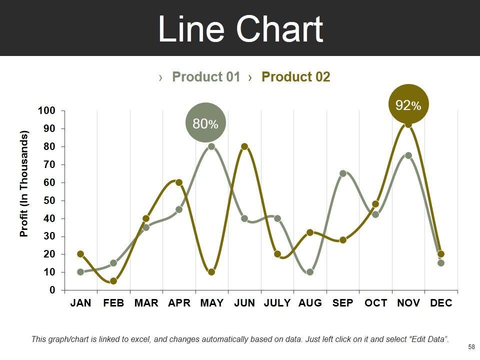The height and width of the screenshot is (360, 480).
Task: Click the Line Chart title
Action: pos(240,29)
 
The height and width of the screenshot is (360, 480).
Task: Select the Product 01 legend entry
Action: pos(206,77)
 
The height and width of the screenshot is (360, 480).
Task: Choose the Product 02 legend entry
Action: pos(295,77)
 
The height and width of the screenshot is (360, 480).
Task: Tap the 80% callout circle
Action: pos(205,123)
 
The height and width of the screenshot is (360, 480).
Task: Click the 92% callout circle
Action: pos(408,105)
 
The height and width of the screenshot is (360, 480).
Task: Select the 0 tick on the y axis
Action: pos(52,290)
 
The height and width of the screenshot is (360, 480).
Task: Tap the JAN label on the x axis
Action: pos(80,303)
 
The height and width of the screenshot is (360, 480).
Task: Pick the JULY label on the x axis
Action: pos(277,303)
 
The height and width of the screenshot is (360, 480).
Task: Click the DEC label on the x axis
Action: pos(441,303)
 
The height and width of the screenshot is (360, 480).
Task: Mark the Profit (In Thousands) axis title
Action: pos(24,183)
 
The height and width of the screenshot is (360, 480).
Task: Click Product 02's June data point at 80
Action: pos(244,146)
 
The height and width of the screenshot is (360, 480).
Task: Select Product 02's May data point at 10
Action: pos(211,272)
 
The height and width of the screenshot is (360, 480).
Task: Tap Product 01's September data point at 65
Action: pos(343,173)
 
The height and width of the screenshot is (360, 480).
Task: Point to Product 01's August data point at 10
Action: pos(310,272)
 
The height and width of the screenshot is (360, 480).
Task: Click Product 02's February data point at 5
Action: pos(113,281)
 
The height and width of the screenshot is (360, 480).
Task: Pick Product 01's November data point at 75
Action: pos(408,155)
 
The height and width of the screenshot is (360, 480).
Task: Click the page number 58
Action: pos(470,346)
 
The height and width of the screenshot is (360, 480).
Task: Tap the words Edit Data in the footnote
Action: pos(428,339)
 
